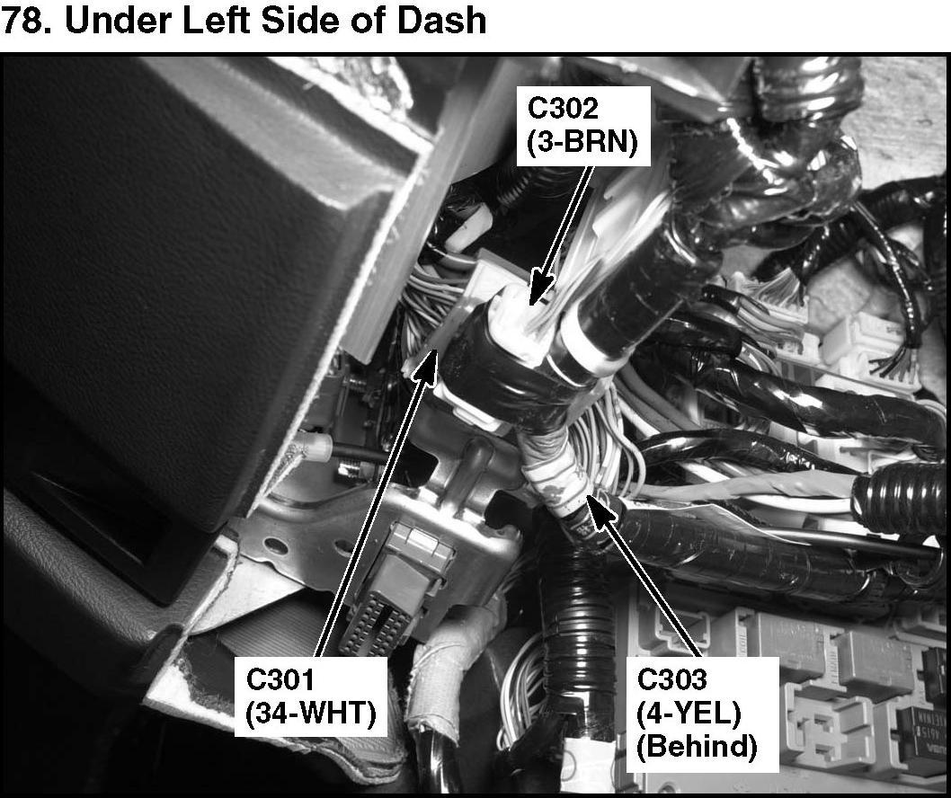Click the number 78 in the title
pos(22,20)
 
